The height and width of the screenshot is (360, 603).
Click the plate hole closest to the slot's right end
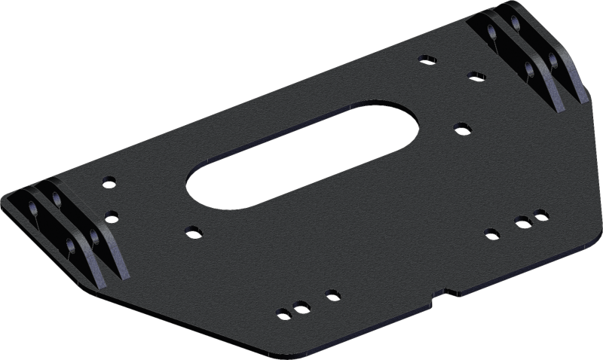point(462,129)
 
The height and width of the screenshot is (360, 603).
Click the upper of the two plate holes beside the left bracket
point(109,182)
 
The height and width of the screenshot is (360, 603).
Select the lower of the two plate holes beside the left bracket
point(112,216)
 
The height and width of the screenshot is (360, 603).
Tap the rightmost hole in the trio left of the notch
point(329,293)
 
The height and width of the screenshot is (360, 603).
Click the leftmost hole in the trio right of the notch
point(491,231)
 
